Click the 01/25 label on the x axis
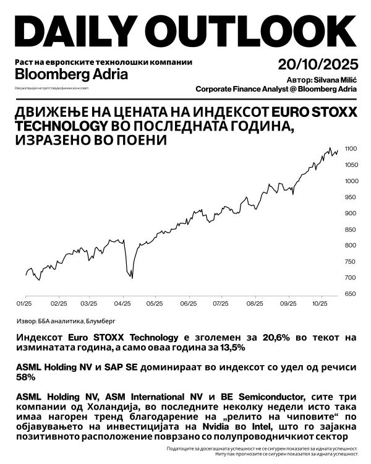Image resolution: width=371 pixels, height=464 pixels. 24,304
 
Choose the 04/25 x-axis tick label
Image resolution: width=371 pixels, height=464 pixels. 123,304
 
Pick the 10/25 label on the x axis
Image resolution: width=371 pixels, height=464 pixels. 320,304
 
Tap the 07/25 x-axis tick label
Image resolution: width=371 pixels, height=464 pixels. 221,304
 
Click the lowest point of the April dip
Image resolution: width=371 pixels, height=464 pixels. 132,278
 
